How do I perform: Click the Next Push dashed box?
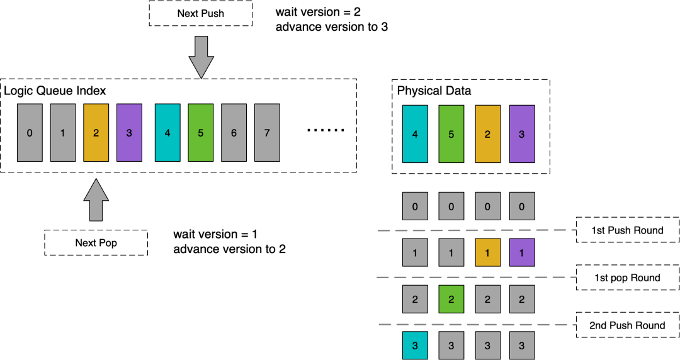(201, 13)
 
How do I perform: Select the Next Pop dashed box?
(96, 242)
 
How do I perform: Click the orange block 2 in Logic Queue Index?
(96, 133)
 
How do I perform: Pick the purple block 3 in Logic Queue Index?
(129, 133)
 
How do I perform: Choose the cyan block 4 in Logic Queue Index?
(167, 133)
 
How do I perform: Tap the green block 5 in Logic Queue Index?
(200, 133)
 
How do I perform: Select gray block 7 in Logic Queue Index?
(267, 133)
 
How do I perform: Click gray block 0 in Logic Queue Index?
(30, 133)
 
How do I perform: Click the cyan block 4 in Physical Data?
(415, 133)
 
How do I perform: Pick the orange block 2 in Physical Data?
(487, 133)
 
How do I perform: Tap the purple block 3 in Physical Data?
(521, 133)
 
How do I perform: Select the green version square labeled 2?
(451, 299)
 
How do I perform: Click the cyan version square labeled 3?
(415, 346)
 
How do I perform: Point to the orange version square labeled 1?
(487, 252)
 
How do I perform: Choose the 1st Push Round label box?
(627, 230)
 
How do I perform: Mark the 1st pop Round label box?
(627, 278)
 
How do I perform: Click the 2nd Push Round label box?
(627, 325)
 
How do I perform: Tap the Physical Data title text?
(434, 91)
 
